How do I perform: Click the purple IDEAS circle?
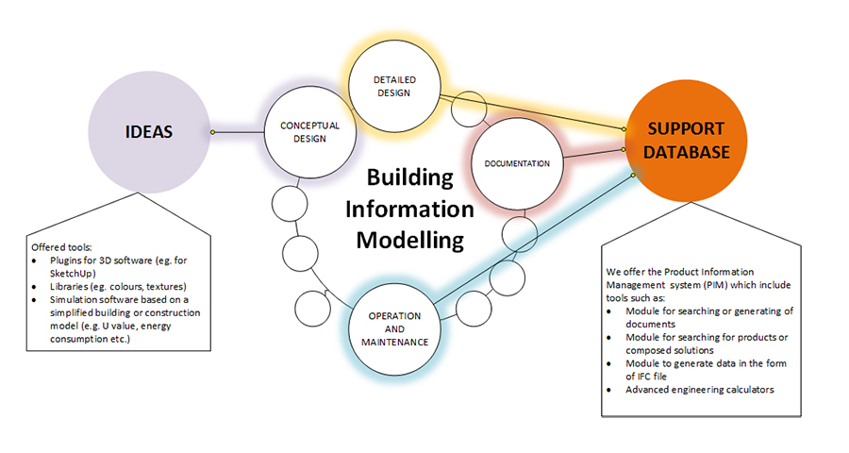tap(149, 132)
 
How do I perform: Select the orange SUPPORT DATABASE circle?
tap(686, 141)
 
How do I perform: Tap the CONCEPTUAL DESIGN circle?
tap(310, 132)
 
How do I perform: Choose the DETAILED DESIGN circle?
tap(394, 86)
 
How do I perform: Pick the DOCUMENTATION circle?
tap(517, 163)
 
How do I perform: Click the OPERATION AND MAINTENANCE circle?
tap(394, 329)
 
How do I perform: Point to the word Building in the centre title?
tap(410, 177)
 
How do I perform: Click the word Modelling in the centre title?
tap(410, 240)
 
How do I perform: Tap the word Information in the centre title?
tap(410, 210)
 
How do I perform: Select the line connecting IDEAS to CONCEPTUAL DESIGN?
tap(239, 132)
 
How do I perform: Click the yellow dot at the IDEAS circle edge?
tap(213, 132)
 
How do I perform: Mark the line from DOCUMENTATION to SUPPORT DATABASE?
tap(593, 154)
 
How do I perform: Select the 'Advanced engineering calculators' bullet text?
tap(700, 390)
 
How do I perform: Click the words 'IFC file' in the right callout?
tap(653, 377)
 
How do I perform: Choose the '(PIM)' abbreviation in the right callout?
tap(717, 285)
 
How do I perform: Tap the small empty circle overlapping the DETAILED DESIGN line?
tap(469, 109)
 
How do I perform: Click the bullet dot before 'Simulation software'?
tap(35, 300)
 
